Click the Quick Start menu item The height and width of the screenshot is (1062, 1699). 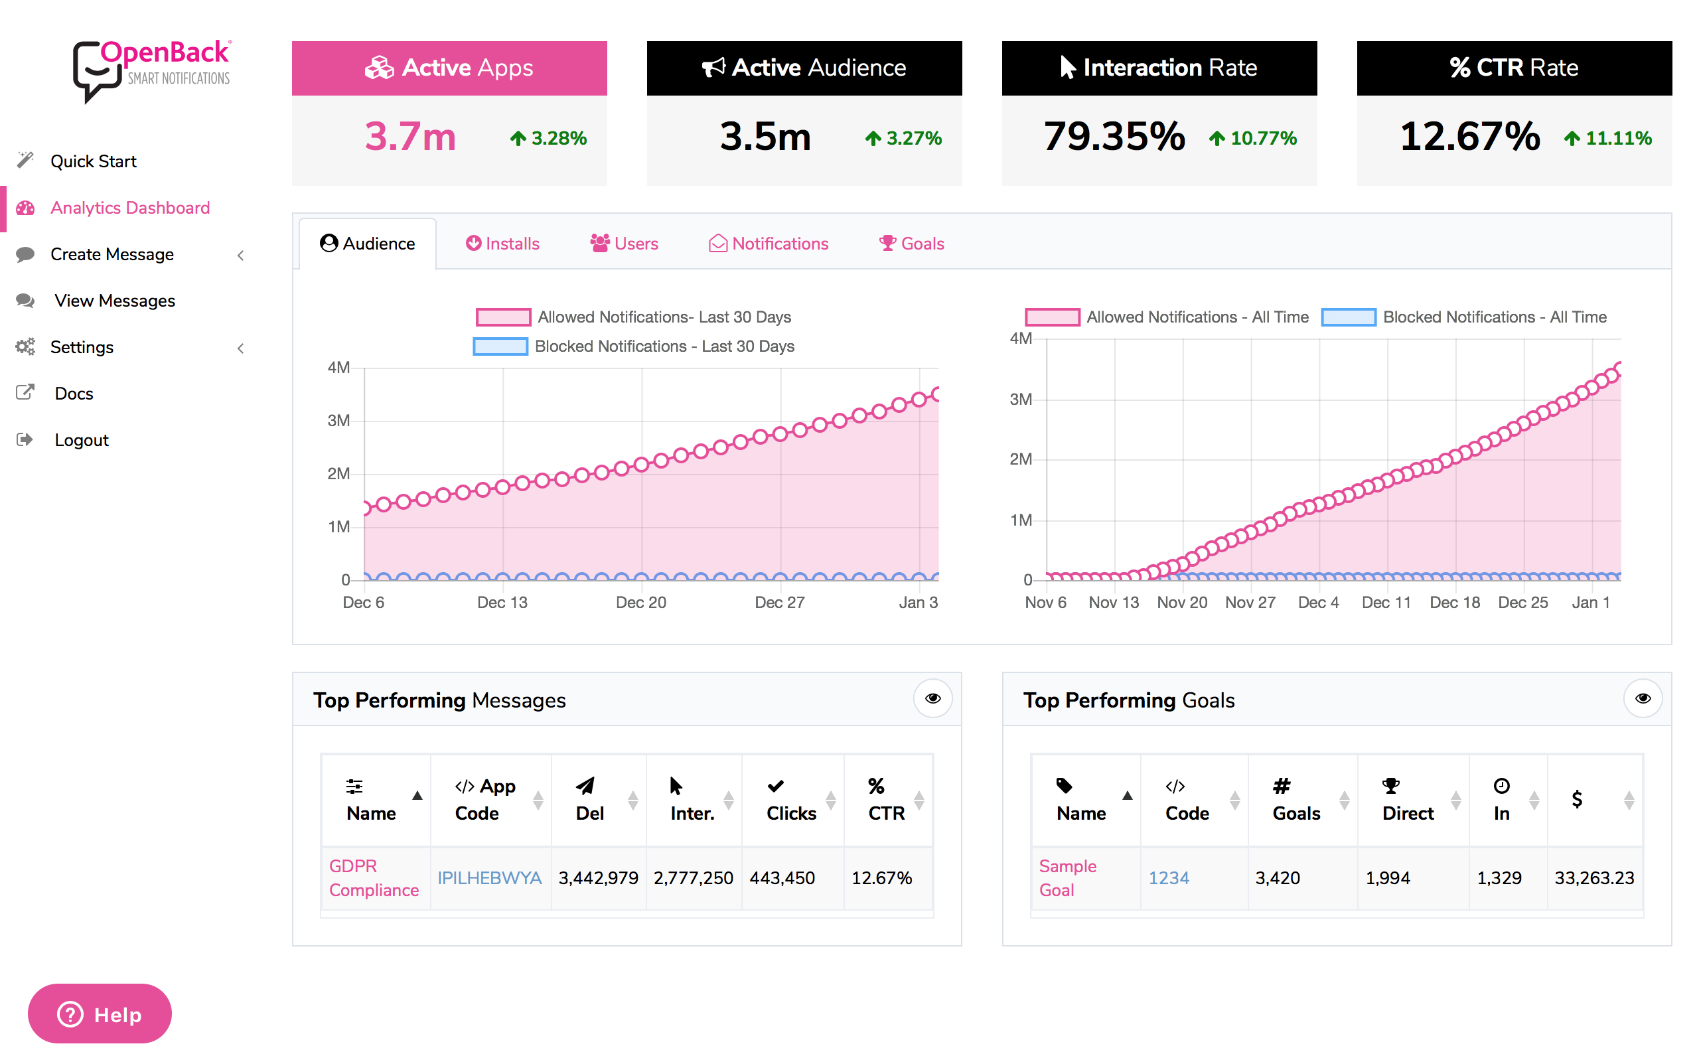click(93, 161)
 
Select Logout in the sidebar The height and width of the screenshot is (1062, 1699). click(82, 440)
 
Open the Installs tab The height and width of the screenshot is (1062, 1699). click(502, 244)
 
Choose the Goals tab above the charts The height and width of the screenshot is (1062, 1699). click(911, 244)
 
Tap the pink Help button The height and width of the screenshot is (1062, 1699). click(100, 1014)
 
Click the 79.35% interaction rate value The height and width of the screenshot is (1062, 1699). click(1114, 136)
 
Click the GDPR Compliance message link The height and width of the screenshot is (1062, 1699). click(373, 878)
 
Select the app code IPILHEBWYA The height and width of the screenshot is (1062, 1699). click(489, 878)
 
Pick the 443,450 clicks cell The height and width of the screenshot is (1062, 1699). click(782, 878)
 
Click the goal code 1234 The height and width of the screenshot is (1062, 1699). click(1168, 878)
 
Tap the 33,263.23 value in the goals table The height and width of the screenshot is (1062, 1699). click(1593, 878)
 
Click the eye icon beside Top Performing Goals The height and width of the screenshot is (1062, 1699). click(1642, 698)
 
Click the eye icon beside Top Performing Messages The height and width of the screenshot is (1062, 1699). click(932, 698)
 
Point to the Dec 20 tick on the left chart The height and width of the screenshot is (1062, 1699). click(640, 603)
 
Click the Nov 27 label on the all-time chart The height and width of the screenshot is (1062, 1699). click(1250, 603)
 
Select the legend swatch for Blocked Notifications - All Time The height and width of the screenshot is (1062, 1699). click(1348, 317)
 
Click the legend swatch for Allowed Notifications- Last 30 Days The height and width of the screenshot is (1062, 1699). click(502, 317)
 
